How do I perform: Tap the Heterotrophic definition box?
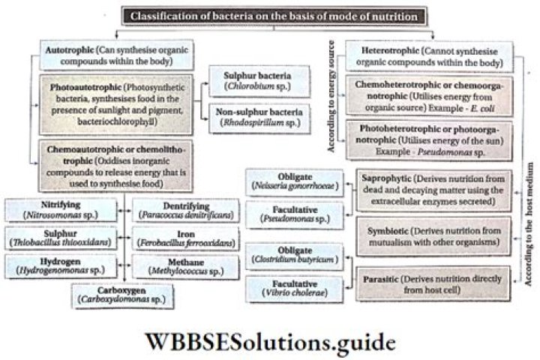[430, 55]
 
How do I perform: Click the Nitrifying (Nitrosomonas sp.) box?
[60, 209]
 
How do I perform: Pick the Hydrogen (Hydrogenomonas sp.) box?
[60, 265]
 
